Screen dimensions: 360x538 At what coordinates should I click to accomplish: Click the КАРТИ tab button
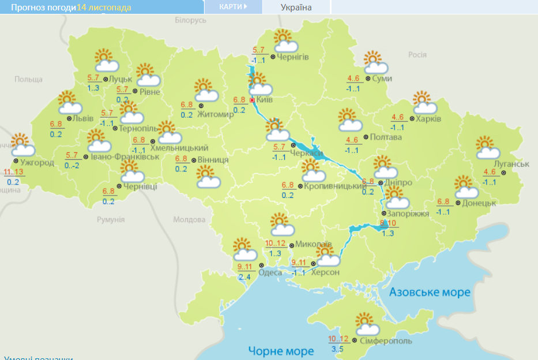233,7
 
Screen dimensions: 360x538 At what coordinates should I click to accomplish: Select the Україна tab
296,7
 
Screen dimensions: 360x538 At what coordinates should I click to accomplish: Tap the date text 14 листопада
104,7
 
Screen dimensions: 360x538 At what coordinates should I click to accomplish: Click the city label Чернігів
293,57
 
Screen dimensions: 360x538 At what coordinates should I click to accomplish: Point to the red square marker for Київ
252,99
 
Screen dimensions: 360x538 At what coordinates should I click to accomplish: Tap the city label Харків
428,119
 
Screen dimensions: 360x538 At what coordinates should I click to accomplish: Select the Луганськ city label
510,164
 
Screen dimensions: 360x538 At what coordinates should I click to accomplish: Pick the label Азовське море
430,292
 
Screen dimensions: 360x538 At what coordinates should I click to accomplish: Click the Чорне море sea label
281,350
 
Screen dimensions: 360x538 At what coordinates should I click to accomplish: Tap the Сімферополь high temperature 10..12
338,339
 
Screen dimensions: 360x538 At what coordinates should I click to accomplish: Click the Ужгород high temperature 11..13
13,172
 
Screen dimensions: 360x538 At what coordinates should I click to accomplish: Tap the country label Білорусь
190,20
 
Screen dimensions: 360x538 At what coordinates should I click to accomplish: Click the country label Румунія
111,220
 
